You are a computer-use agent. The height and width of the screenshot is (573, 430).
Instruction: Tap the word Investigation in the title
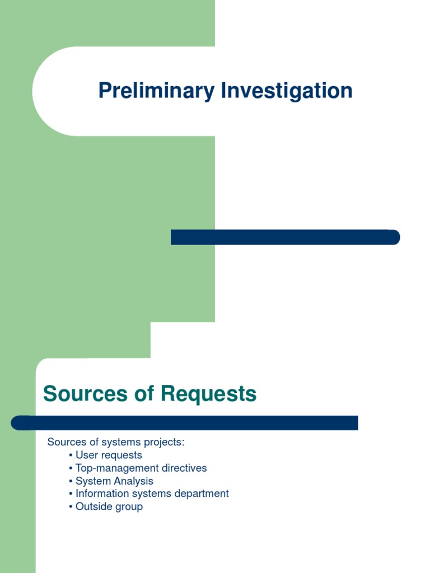[287, 91]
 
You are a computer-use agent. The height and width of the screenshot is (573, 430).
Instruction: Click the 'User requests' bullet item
[109, 455]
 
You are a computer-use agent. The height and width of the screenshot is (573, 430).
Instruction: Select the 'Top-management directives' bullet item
[141, 468]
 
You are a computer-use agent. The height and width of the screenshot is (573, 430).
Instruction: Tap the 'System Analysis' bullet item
[114, 481]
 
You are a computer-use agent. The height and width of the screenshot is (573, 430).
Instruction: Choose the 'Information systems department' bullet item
[152, 494]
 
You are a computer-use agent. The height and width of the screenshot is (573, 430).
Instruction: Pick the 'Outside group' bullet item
[109, 506]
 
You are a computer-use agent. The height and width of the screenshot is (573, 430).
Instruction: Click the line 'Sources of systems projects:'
[116, 442]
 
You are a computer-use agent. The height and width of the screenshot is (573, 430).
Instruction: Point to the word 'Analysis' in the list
[134, 481]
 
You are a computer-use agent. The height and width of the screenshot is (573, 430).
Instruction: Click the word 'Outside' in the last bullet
[94, 506]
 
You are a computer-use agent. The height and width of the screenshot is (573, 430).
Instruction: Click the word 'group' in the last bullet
[129, 506]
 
